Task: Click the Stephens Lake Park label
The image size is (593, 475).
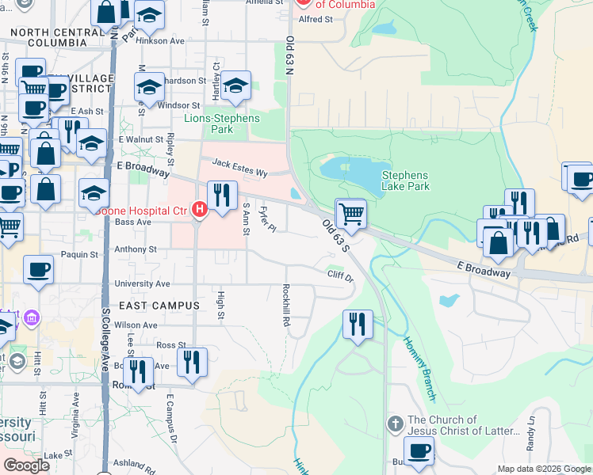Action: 405,180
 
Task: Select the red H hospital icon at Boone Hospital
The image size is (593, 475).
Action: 201,210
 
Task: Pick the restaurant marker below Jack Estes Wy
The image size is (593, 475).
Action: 222,195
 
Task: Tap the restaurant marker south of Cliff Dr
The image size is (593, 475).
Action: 358,323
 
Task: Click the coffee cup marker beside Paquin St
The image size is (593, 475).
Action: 38,270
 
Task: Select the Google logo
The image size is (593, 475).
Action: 26,465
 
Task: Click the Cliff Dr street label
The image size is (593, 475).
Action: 340,275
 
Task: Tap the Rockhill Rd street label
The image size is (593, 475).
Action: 285,306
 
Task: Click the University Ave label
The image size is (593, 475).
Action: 142,283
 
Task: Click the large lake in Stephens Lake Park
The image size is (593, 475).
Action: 353,169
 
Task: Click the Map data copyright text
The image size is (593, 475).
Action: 542,469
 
